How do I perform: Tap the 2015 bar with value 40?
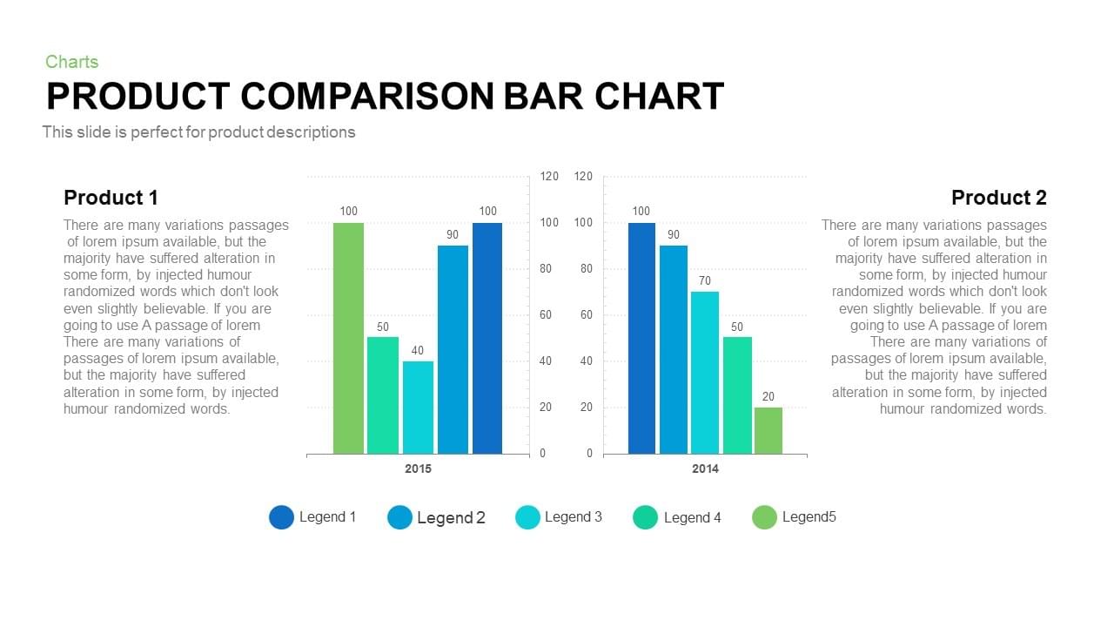click(x=418, y=407)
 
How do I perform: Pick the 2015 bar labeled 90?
click(x=453, y=349)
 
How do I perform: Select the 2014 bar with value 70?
click(x=705, y=372)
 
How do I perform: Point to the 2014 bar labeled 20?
click(x=768, y=430)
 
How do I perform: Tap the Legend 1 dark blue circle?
click(x=281, y=517)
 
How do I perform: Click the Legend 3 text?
click(x=573, y=516)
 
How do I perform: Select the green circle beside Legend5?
click(x=764, y=517)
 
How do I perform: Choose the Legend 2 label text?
click(x=451, y=517)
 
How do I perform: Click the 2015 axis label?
click(x=418, y=469)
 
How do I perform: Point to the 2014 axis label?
click(x=705, y=469)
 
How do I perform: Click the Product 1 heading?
click(x=111, y=198)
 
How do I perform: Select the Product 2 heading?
click(x=998, y=198)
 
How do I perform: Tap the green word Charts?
click(x=71, y=62)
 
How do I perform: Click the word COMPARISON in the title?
click(x=366, y=96)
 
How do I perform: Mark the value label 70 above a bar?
click(x=705, y=280)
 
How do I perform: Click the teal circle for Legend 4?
click(x=645, y=517)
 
